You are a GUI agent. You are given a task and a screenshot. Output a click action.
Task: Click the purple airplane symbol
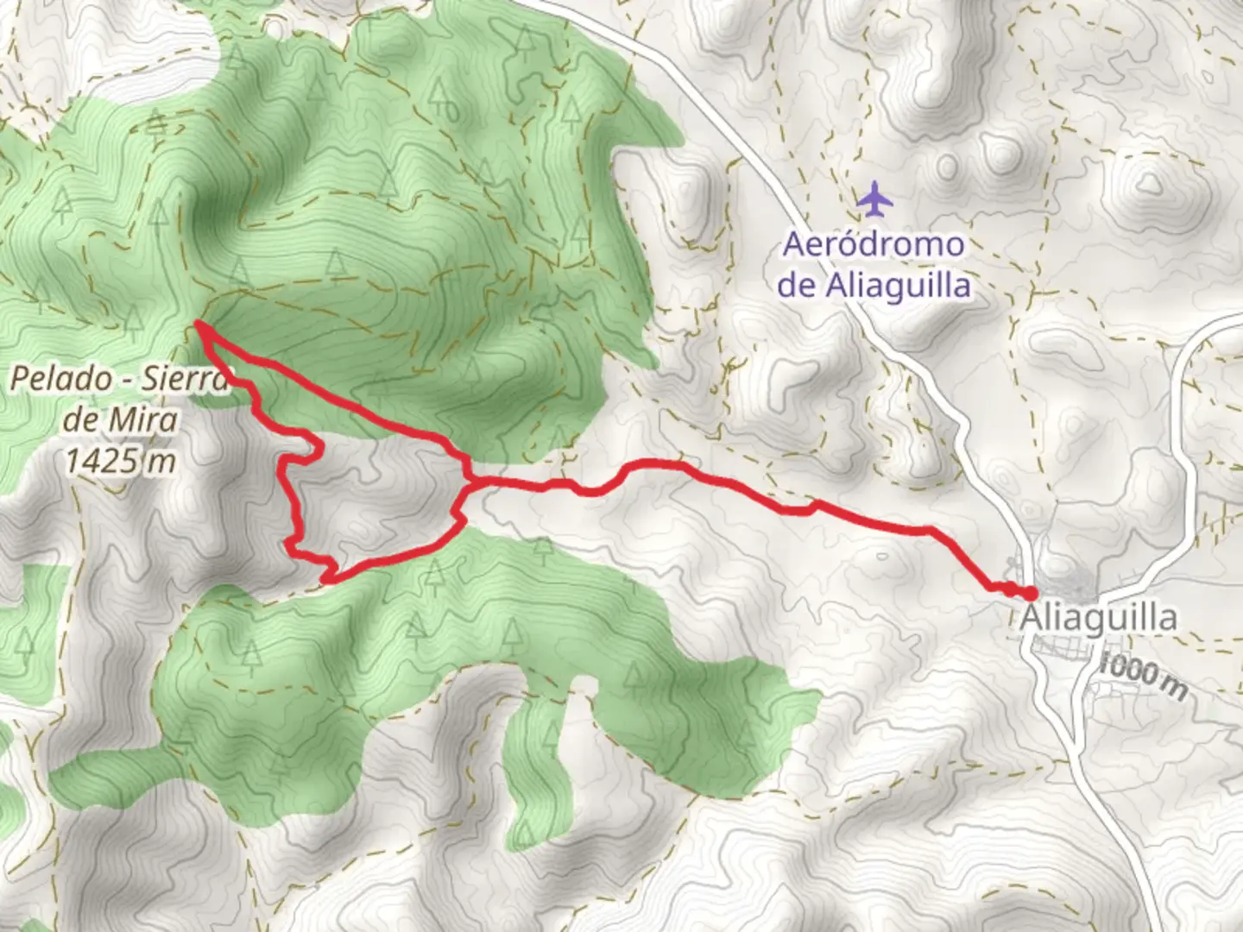pyautogui.click(x=875, y=199)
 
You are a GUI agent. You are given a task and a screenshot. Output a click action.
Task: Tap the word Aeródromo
pyautogui.click(x=873, y=244)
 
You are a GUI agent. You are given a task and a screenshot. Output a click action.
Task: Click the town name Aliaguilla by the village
pyautogui.click(x=1098, y=618)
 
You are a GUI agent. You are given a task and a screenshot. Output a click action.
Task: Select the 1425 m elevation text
pyautogui.click(x=120, y=461)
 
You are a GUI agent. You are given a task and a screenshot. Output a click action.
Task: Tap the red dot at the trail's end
pyautogui.click(x=1030, y=593)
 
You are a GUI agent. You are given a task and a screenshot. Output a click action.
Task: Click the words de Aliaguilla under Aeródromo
pyautogui.click(x=874, y=285)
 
